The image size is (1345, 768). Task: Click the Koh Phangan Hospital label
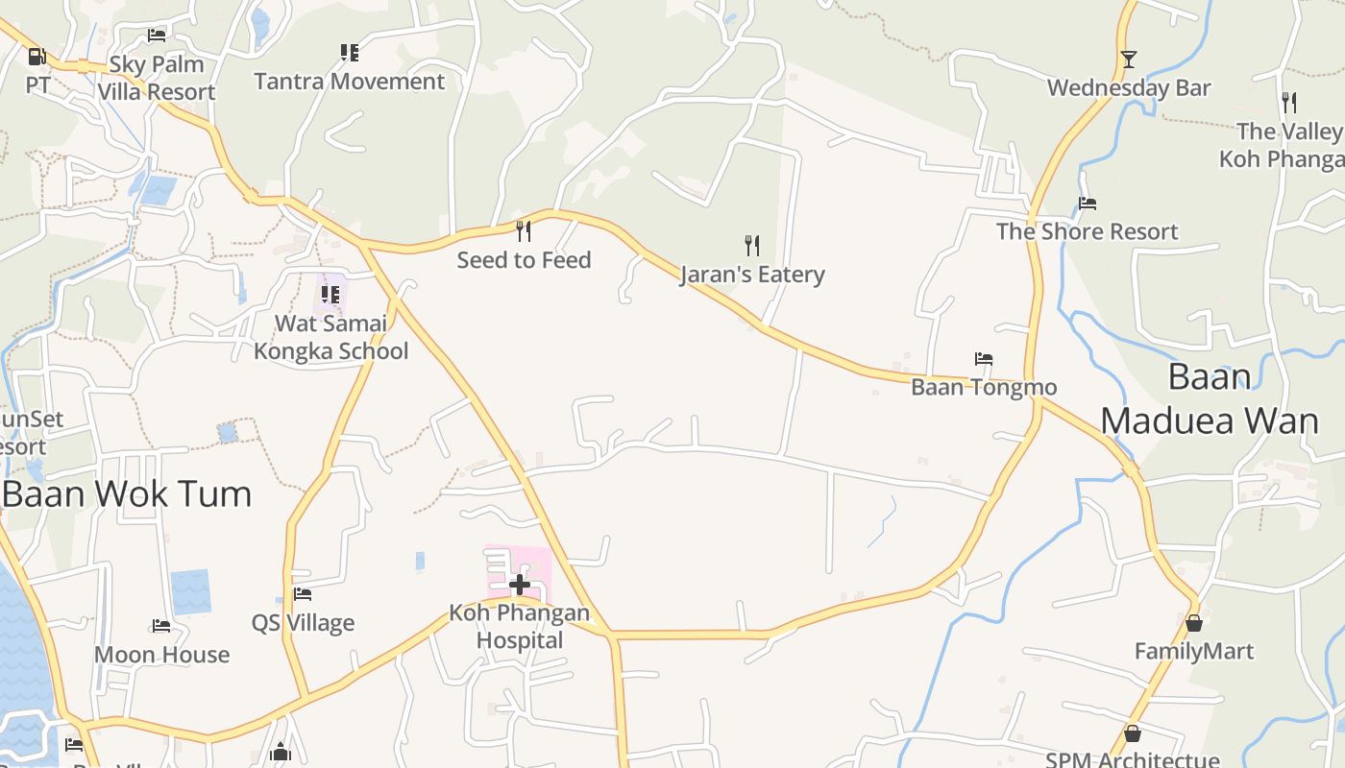click(x=520, y=626)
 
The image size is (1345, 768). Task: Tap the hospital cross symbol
click(x=520, y=584)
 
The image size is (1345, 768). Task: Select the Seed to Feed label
click(x=524, y=259)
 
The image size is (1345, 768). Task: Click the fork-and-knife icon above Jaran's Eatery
click(x=752, y=246)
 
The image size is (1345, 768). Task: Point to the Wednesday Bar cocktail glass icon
click(x=1129, y=60)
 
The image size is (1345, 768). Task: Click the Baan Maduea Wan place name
click(x=1209, y=398)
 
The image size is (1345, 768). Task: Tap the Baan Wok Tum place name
click(x=127, y=494)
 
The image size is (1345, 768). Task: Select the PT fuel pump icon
click(x=37, y=57)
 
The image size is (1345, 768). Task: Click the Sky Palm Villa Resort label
click(x=157, y=78)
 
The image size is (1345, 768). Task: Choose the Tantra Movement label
click(x=350, y=82)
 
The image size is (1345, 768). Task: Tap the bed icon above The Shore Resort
click(x=1088, y=204)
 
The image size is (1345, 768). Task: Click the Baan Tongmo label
click(x=984, y=387)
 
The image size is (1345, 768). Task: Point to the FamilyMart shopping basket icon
click(x=1194, y=624)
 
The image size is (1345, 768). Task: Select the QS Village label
click(x=303, y=623)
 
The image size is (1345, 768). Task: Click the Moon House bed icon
click(x=161, y=626)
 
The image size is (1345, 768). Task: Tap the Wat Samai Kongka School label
click(x=330, y=337)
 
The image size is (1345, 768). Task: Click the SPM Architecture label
click(x=1133, y=759)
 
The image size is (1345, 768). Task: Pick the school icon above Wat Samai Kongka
click(x=330, y=294)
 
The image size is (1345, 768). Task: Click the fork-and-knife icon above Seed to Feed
click(x=524, y=231)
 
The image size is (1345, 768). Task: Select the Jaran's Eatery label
click(x=752, y=275)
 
